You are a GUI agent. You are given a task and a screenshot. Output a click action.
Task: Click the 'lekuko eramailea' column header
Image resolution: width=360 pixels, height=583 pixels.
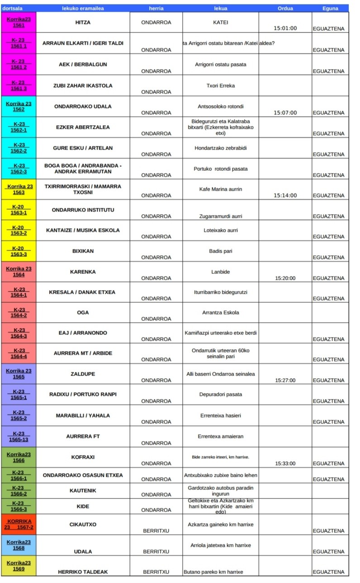pos(83,8)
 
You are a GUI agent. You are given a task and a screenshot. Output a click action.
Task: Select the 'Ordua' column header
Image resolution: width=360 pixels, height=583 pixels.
pos(285,8)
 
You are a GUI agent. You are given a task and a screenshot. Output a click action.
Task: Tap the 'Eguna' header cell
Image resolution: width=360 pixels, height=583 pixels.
pos(330,8)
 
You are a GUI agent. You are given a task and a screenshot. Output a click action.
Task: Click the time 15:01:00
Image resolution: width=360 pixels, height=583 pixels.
pos(285,28)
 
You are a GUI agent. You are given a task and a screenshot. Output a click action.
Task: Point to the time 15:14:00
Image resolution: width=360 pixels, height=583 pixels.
pos(285,195)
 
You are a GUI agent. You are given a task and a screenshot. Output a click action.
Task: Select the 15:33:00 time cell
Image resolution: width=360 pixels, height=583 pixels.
pos(285,463)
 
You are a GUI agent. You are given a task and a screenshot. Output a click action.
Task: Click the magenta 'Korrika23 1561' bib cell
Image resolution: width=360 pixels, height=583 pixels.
pos(19,22)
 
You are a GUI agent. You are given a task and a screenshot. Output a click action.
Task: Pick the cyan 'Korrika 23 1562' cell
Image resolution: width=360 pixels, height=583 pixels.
pos(19,106)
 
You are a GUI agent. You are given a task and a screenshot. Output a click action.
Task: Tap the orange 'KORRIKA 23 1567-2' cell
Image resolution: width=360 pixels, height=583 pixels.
pos(19,524)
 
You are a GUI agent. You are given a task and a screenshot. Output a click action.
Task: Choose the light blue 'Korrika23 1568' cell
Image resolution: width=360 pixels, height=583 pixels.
pos(19,545)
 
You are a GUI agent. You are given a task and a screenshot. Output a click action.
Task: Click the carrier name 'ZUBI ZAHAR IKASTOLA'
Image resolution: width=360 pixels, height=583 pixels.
pos(83,85)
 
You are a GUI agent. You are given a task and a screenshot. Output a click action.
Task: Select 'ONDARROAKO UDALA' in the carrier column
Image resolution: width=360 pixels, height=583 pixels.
pos(83,106)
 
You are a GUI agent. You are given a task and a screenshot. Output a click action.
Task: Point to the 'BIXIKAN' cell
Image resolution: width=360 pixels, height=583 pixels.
pos(83,251)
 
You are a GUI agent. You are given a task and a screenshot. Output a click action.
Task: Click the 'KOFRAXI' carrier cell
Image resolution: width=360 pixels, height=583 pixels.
pos(83,457)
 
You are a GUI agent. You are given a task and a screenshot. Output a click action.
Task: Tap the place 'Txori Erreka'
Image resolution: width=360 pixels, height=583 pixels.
pos(220,85)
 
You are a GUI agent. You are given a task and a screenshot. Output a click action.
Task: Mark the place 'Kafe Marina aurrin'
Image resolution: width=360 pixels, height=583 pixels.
pos(220,189)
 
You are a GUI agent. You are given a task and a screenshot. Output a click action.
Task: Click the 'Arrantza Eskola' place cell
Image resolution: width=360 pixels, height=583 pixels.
pos(220,312)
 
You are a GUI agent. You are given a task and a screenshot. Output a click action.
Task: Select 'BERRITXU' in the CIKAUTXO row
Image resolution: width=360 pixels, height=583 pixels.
pos(156,531)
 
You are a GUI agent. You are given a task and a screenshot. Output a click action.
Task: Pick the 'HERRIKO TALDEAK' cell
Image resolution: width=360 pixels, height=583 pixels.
pos(83,572)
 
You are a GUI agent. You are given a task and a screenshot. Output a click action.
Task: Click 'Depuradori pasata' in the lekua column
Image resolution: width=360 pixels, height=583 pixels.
pos(220,394)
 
